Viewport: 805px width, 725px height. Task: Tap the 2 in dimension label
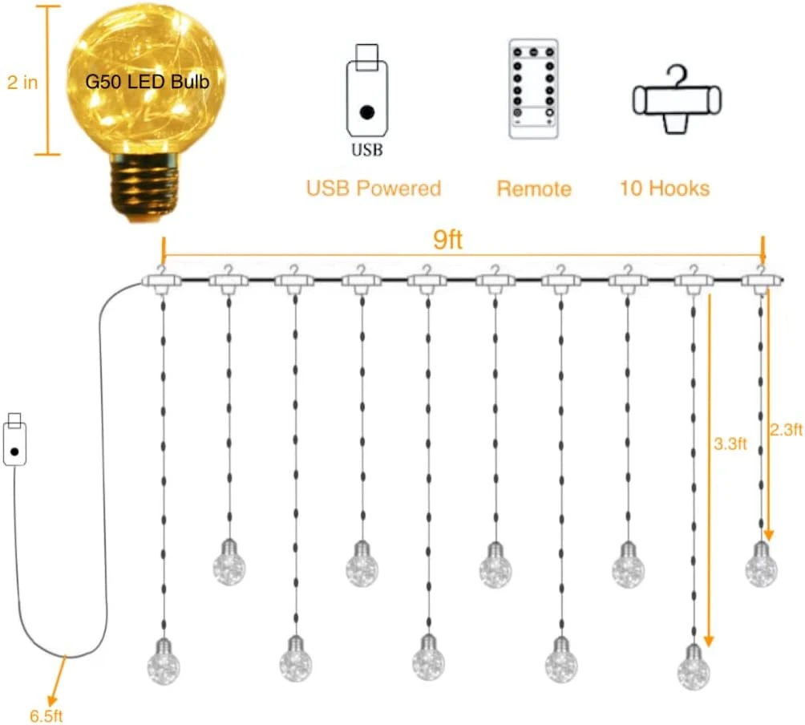tap(22, 82)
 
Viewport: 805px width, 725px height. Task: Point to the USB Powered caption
tap(374, 188)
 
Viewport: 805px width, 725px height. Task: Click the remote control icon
tap(532, 89)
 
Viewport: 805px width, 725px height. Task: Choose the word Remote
tap(534, 189)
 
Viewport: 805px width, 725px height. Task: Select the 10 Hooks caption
tap(665, 188)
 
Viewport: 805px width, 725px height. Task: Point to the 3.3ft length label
tap(730, 443)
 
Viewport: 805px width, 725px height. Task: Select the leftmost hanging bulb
tap(163, 660)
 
